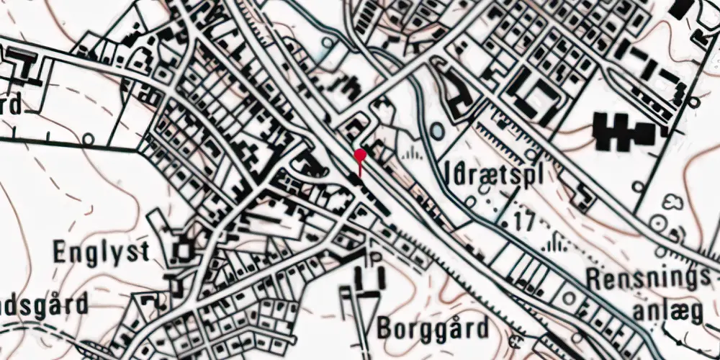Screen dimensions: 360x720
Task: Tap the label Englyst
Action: tap(102, 252)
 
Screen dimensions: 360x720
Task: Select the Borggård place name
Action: tap(432, 329)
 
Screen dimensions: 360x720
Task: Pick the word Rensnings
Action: tap(643, 276)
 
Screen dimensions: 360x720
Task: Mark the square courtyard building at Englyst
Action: tap(183, 251)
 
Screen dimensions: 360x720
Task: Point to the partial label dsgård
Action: tap(43, 305)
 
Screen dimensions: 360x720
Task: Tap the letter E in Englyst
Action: tap(60, 252)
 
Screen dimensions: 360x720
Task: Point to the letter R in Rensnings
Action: tap(594, 276)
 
